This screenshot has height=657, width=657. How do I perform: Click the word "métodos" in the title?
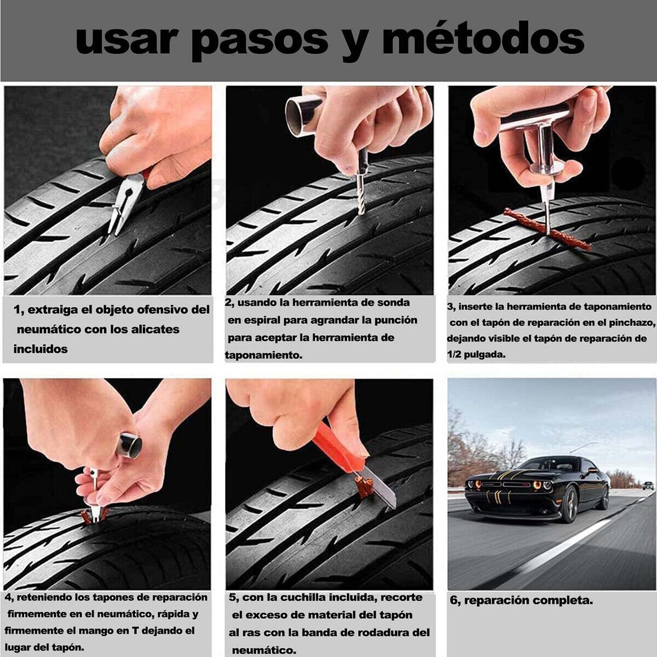(483, 39)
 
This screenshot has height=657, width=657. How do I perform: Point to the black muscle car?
(537, 487)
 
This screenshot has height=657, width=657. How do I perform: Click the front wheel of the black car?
(569, 504)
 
